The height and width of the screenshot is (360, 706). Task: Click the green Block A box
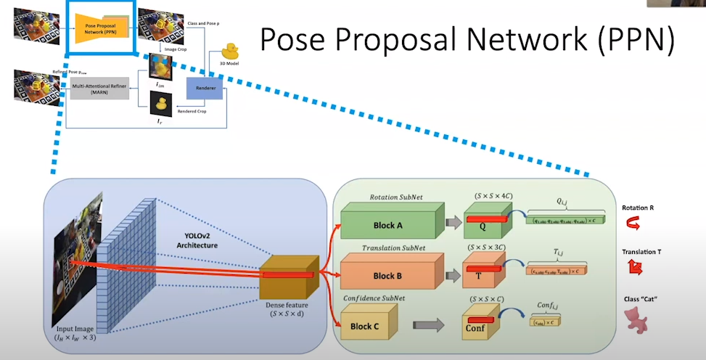[388, 224]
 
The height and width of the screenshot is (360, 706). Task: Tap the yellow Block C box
[366, 325]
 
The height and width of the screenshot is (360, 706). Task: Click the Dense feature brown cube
[288, 279]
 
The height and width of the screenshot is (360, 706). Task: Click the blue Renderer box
[205, 88]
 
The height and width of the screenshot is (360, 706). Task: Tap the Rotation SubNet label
[398, 197]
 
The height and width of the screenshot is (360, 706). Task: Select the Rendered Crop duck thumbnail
[159, 106]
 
